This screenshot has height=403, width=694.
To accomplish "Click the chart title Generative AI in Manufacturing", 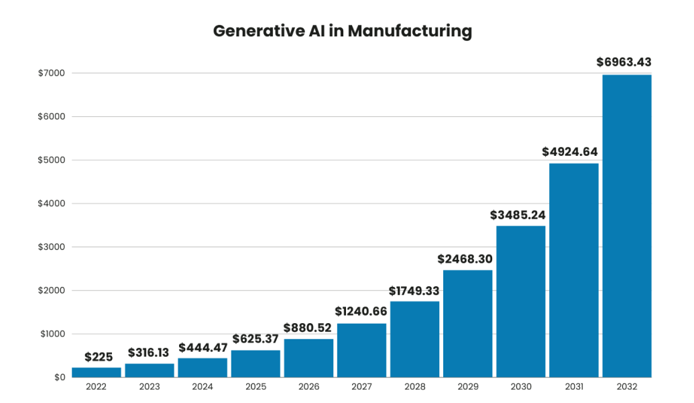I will pyautogui.click(x=343, y=32).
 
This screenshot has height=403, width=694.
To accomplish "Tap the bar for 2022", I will pyautogui.click(x=97, y=372).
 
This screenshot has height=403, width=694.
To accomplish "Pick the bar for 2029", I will pyautogui.click(x=467, y=323).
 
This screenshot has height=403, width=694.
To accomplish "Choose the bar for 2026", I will pyautogui.click(x=308, y=357).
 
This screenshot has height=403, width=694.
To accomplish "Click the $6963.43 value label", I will pyautogui.click(x=624, y=62).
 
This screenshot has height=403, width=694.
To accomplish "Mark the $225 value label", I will pyautogui.click(x=97, y=357).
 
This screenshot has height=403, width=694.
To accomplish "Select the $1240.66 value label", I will pyautogui.click(x=361, y=312).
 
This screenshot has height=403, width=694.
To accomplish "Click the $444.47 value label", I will pyautogui.click(x=203, y=347).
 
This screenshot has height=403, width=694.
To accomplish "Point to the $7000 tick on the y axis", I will pyautogui.click(x=51, y=73).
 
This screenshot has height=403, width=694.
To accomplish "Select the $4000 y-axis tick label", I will pyautogui.click(x=51, y=204).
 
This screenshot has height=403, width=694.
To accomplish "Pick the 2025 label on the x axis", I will pyautogui.click(x=255, y=388).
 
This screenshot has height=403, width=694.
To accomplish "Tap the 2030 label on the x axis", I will pyautogui.click(x=520, y=388).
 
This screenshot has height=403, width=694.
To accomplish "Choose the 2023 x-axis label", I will pyautogui.click(x=150, y=388).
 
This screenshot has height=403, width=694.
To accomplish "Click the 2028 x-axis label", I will pyautogui.click(x=414, y=388).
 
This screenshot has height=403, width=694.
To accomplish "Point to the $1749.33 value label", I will pyautogui.click(x=414, y=291).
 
